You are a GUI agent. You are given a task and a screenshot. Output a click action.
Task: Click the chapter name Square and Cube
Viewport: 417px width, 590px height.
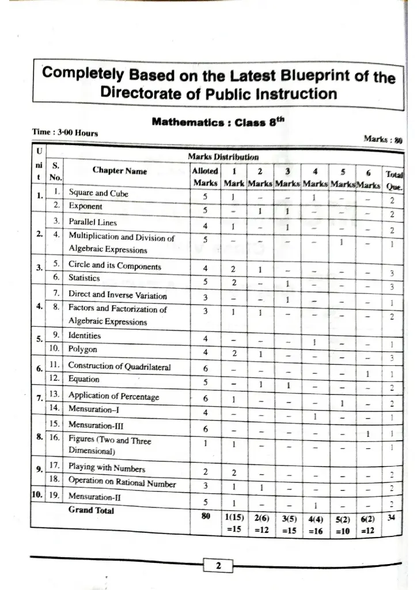tap(98, 194)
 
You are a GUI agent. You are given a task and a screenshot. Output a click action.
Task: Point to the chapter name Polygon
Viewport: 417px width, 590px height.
tap(83, 349)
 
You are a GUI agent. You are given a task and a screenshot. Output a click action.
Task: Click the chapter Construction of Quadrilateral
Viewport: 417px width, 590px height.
tap(119, 366)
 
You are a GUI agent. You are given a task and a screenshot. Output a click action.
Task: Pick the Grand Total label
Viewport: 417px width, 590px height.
tap(91, 510)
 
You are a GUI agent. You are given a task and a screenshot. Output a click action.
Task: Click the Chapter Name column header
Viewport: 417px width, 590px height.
tap(119, 171)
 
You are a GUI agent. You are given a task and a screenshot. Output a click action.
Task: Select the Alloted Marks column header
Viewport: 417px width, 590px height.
tap(204, 177)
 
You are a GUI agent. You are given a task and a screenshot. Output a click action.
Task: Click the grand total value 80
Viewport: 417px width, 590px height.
tap(205, 517)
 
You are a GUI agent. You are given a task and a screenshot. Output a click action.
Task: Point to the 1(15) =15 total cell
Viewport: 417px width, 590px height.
tap(233, 524)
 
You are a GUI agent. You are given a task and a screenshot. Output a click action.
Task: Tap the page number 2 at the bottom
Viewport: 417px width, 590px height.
tap(218, 565)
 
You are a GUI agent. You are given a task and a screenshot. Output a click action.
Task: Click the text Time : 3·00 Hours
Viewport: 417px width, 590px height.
tap(64, 132)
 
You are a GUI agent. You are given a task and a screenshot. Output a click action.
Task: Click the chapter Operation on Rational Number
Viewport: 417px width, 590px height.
tap(122, 481)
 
